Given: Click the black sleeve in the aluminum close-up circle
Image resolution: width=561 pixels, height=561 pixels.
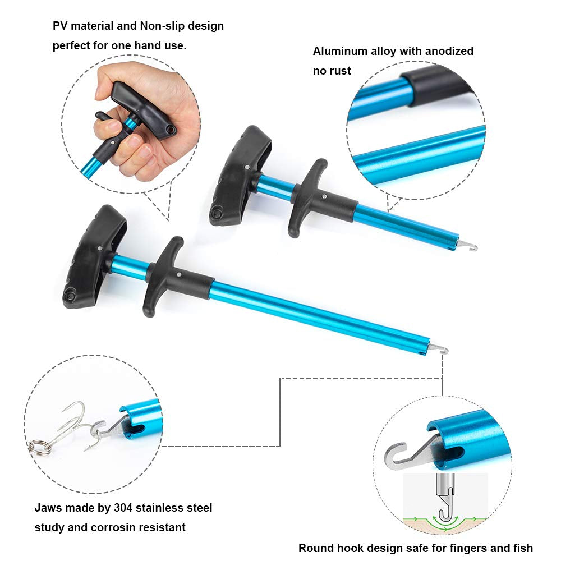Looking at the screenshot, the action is pos(435,86).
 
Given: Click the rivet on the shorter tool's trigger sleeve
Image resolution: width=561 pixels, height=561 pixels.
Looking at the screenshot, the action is pos(324,196).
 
